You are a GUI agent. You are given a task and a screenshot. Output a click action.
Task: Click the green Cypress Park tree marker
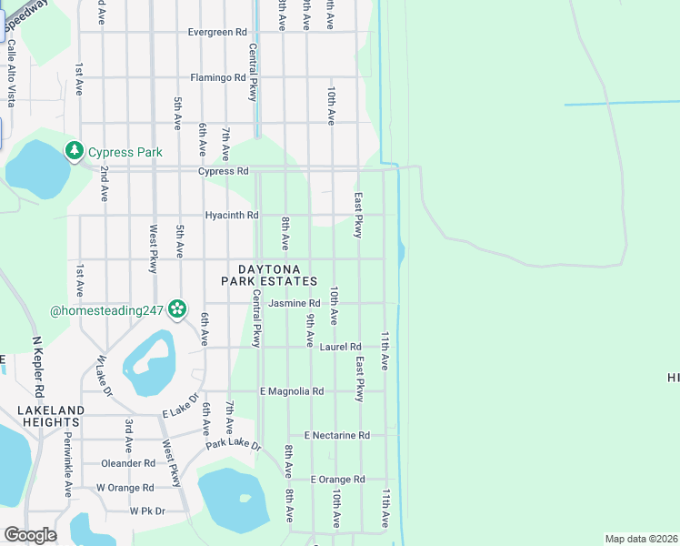tap(74, 151)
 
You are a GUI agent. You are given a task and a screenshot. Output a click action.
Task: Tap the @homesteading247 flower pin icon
tap(176, 310)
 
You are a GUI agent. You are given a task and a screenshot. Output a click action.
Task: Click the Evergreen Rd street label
tap(217, 32)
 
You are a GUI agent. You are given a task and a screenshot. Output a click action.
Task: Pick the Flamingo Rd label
tap(218, 78)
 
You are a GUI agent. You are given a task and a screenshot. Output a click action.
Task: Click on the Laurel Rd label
tap(340, 347)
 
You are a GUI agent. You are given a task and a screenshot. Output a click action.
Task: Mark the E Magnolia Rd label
tap(291, 391)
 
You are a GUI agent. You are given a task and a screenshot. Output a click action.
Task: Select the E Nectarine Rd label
tap(336, 436)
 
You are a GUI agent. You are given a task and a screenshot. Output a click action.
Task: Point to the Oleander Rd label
tap(128, 463)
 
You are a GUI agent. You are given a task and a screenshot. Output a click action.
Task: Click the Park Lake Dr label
tap(233, 446)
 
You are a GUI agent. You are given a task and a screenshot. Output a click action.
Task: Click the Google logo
tap(30, 535)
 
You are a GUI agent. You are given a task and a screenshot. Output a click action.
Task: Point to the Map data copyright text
tap(640, 539)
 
